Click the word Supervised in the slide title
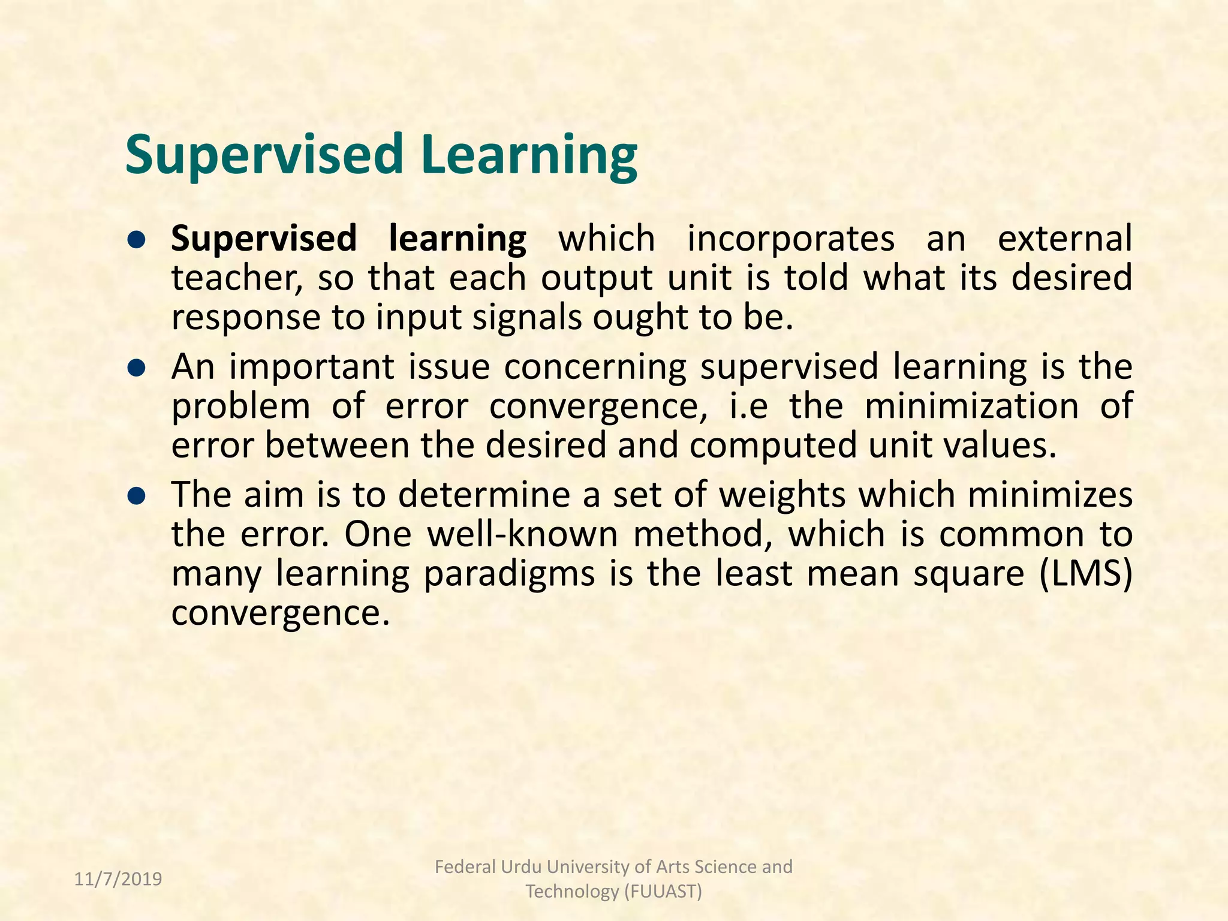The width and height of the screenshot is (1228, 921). click(264, 155)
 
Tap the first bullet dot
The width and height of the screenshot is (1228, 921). click(137, 240)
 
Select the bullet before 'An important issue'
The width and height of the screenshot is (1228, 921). click(137, 368)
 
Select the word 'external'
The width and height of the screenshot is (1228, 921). click(1064, 239)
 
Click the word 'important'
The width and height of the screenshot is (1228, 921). click(312, 368)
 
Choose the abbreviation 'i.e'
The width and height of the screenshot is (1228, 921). click(748, 407)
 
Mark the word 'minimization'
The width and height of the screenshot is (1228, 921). click(971, 407)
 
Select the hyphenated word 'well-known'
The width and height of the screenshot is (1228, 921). click(522, 535)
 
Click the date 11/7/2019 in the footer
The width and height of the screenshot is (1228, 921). click(118, 879)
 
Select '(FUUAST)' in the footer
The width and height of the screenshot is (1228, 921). click(663, 892)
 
